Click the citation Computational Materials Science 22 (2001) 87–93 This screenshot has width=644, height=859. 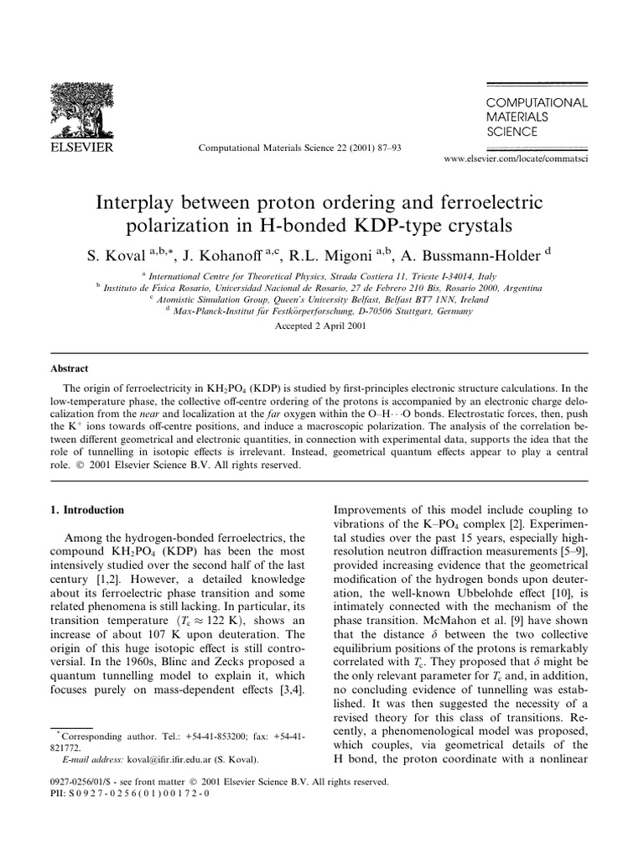(299, 148)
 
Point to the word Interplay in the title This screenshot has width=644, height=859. (143, 204)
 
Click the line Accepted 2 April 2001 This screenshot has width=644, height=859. (321, 326)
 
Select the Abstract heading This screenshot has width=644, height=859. (70, 368)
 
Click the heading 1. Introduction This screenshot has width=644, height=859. (87, 509)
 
